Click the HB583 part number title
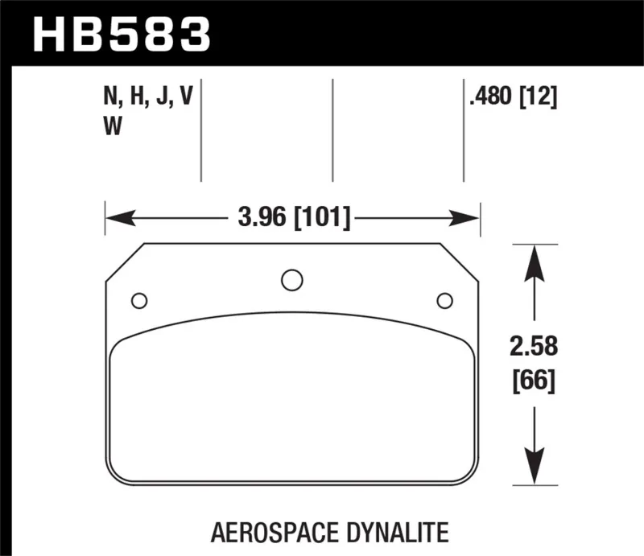click(122, 35)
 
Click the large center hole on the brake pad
click(292, 280)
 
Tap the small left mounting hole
click(139, 301)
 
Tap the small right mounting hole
click(445, 301)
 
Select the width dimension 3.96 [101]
click(294, 217)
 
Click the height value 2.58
click(534, 346)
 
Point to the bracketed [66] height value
click(534, 381)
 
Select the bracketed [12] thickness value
click(538, 97)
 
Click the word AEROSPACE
click(275, 533)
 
